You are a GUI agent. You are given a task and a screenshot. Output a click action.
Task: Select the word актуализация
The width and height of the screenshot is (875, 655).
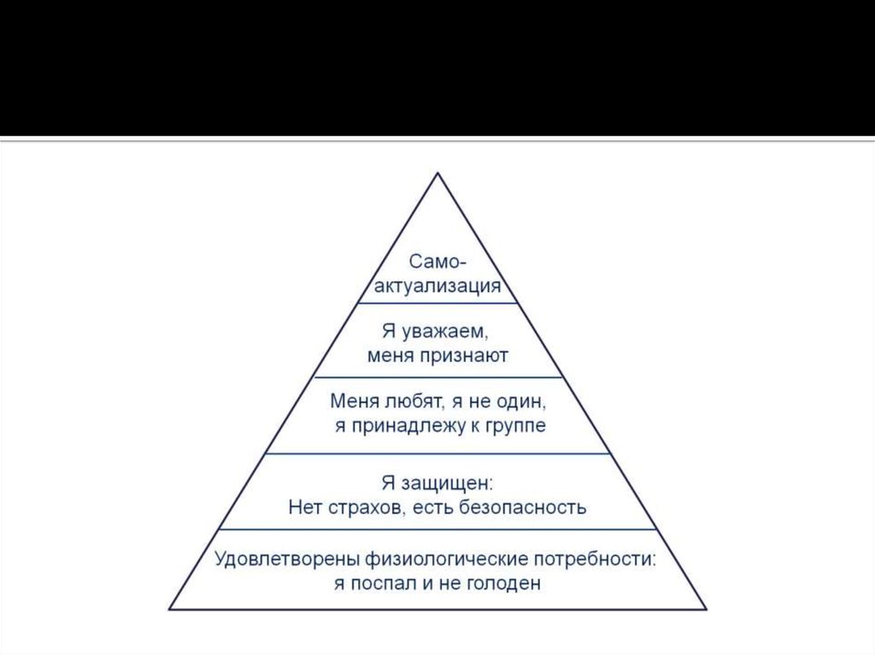pyautogui.click(x=437, y=285)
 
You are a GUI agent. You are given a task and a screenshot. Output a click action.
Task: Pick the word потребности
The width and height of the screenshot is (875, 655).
pyautogui.click(x=596, y=559)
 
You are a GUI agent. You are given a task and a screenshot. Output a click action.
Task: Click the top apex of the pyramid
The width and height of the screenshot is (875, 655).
pyautogui.click(x=438, y=173)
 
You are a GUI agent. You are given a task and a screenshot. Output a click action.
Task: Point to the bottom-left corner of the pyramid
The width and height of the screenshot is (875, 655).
pyautogui.click(x=170, y=608)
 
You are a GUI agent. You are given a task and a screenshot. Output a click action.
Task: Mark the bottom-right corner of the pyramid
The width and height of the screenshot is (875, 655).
pyautogui.click(x=707, y=608)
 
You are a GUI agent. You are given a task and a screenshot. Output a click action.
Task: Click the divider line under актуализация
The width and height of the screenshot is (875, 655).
pyautogui.click(x=437, y=303)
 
